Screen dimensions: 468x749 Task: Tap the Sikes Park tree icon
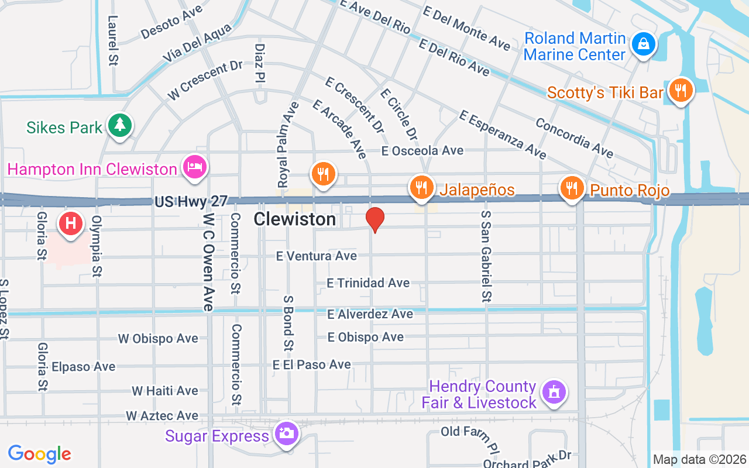[120, 125]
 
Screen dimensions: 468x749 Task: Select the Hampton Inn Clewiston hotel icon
[194, 167]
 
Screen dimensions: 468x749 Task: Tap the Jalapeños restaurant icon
[421, 187]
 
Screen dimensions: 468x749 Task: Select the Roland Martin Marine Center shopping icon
[643, 44]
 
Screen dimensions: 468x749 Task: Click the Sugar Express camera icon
[287, 433]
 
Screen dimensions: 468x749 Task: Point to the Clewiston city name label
[295, 219]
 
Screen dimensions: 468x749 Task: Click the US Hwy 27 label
[191, 202]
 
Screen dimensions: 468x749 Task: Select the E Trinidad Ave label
[368, 283]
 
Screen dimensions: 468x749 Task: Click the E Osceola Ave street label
[422, 151]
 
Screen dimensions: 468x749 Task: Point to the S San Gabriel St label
[486, 256]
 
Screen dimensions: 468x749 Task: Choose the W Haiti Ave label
[164, 391]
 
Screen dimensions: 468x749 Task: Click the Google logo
[40, 454]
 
